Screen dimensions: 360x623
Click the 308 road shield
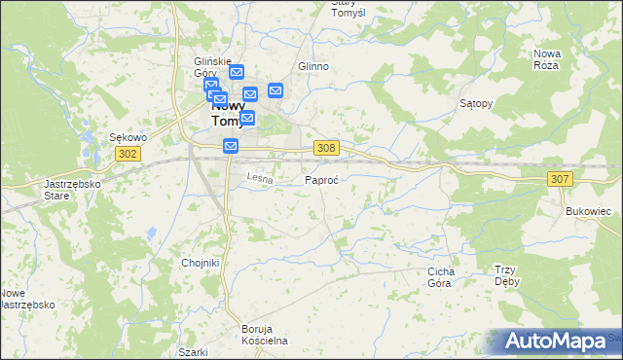(x=327, y=147)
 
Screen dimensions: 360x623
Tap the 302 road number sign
(x=127, y=154)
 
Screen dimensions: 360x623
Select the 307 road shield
(x=560, y=179)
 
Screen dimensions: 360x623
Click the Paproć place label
(x=321, y=181)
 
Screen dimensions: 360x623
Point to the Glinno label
(x=313, y=66)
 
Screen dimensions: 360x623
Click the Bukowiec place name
(x=587, y=210)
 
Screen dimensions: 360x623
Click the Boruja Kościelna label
(x=265, y=335)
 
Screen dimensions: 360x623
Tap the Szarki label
(x=193, y=351)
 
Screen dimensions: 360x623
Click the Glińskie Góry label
(x=211, y=66)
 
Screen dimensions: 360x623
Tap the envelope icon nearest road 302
(x=231, y=146)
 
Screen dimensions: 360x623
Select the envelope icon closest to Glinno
(x=275, y=90)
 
